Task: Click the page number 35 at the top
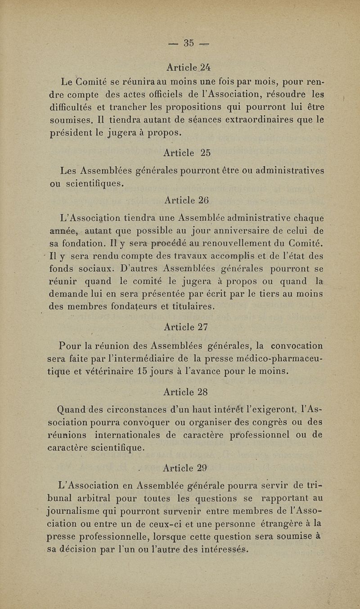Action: coord(189,44)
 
